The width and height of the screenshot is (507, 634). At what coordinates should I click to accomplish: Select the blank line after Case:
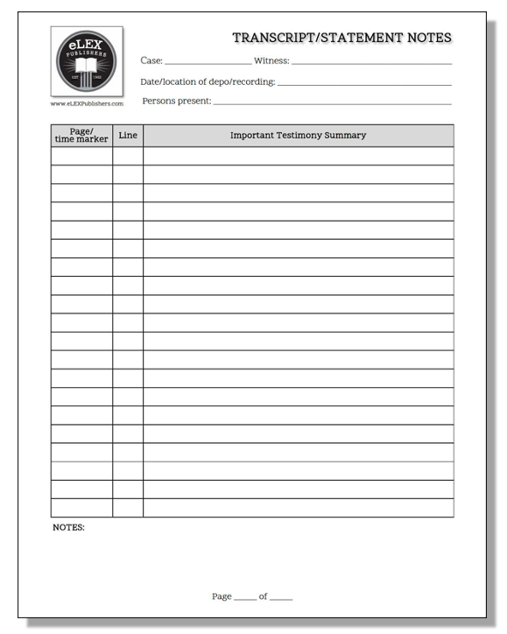tap(208, 63)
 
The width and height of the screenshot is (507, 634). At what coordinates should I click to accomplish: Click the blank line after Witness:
tap(372, 63)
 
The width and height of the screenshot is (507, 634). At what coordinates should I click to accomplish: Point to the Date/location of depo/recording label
tap(208, 81)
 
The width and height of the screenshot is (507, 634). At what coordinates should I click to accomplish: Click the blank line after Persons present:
tap(333, 102)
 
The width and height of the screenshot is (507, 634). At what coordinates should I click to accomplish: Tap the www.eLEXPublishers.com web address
tap(87, 103)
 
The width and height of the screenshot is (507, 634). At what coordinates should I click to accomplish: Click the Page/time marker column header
tap(81, 136)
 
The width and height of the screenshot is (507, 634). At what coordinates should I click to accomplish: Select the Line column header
tap(128, 136)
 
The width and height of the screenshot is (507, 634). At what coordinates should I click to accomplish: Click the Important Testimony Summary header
tap(298, 136)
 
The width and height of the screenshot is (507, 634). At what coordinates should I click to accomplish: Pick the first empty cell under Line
tap(128, 156)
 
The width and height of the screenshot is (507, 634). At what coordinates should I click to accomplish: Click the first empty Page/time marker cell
tap(81, 156)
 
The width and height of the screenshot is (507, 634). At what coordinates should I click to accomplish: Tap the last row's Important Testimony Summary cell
tap(298, 508)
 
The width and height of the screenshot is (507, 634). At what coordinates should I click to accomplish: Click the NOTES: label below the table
tap(68, 528)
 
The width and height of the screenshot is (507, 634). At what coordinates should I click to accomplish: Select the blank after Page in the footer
tap(245, 597)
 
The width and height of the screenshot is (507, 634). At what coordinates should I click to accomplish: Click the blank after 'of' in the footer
tap(281, 597)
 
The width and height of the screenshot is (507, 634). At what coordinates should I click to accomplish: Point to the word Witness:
tap(271, 60)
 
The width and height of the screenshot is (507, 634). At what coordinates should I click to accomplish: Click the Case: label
tap(151, 60)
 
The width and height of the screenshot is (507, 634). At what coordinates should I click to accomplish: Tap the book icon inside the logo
tap(86, 67)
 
